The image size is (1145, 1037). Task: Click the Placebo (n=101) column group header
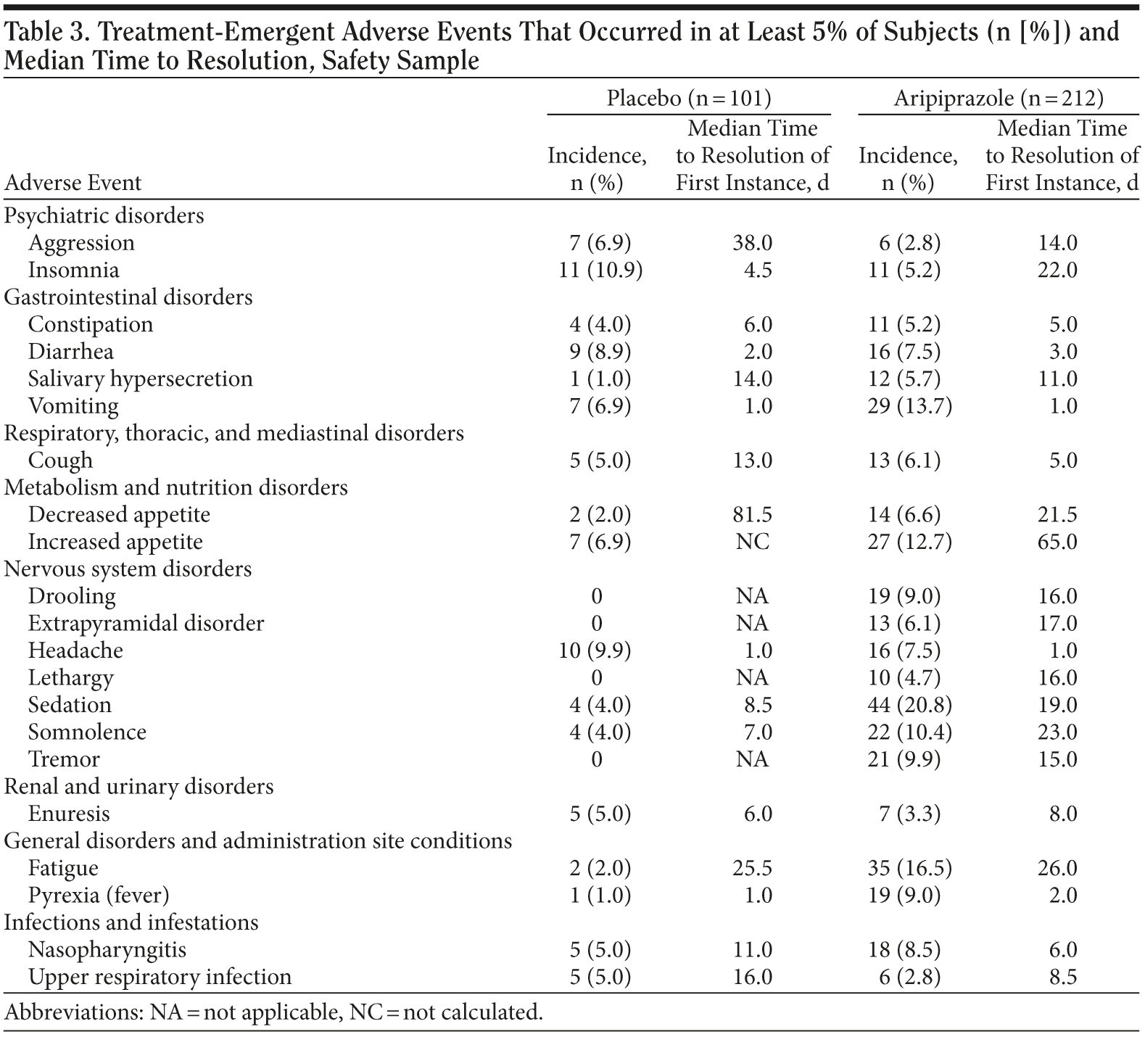pyautogui.click(x=688, y=98)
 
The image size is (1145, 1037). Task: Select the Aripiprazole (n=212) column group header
pyautogui.click(x=998, y=98)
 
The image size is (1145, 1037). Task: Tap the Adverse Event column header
pyautogui.click(x=73, y=183)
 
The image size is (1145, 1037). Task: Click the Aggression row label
pyautogui.click(x=81, y=242)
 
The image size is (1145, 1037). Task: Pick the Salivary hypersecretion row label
pyautogui.click(x=141, y=379)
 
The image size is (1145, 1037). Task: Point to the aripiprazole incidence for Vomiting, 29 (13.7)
pyautogui.click(x=909, y=406)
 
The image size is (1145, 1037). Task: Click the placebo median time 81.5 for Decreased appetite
pyautogui.click(x=753, y=515)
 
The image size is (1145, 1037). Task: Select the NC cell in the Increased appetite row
pyautogui.click(x=753, y=542)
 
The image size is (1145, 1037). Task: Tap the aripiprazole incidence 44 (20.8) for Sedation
pyautogui.click(x=909, y=705)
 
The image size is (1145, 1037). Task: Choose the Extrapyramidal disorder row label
pyautogui.click(x=146, y=624)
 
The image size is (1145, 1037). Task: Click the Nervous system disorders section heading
pyautogui.click(x=128, y=569)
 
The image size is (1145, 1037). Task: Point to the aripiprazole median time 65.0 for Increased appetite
pyautogui.click(x=1057, y=542)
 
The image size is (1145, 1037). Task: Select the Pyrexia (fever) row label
pyautogui.click(x=99, y=896)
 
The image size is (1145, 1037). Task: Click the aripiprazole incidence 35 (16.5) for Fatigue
pyautogui.click(x=909, y=868)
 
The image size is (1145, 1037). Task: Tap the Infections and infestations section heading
pyautogui.click(x=131, y=922)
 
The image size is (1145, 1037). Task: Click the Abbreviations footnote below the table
pyautogui.click(x=273, y=1012)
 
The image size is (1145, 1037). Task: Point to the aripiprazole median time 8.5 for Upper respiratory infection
pyautogui.click(x=1063, y=977)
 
